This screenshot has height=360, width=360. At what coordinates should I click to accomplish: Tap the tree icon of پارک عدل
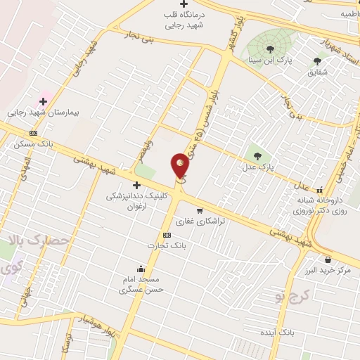257,155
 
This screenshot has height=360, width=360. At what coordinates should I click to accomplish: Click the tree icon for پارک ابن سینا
271,49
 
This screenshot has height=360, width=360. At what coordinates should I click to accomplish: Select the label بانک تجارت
165,245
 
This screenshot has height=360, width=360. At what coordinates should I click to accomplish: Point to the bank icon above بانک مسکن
32,134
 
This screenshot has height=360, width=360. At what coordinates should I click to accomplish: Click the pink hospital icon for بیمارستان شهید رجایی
43,101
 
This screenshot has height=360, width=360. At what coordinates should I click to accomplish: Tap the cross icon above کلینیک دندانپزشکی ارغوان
136,185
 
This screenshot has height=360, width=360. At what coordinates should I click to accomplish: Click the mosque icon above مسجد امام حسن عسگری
141,268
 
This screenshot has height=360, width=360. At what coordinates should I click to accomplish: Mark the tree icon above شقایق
317,61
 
